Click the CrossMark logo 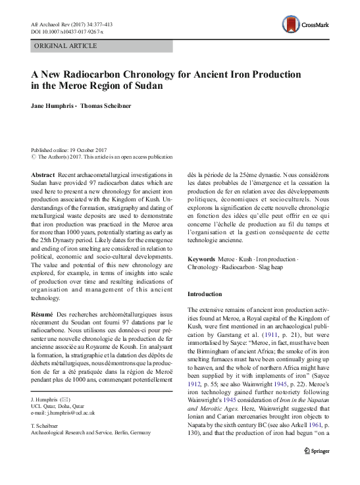(317, 26)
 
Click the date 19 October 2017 (84, 151)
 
